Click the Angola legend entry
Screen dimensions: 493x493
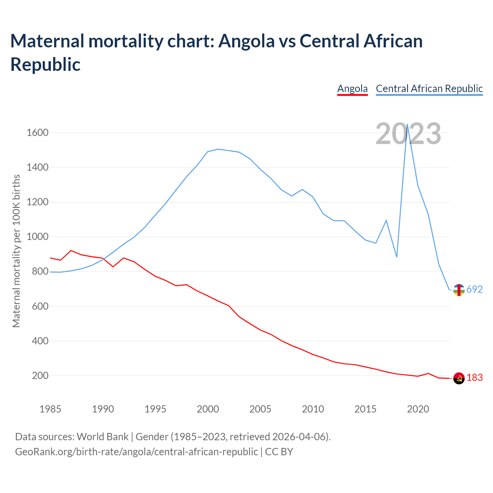click(352, 89)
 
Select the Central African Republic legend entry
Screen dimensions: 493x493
click(429, 89)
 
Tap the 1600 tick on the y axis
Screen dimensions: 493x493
click(37, 133)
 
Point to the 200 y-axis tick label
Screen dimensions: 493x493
click(40, 376)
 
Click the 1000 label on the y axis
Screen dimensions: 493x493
click(37, 237)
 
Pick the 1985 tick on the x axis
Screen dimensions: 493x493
click(50, 409)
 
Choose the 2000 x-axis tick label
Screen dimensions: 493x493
click(208, 409)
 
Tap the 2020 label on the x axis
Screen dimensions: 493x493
click(418, 409)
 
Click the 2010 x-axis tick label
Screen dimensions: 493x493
click(313, 409)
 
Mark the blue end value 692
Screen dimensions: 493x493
click(475, 289)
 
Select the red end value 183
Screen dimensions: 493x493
click(475, 378)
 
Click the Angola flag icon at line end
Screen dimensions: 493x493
click(459, 379)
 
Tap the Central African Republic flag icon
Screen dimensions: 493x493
click(459, 290)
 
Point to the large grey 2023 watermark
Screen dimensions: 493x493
click(408, 134)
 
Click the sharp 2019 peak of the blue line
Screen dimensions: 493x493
click(407, 124)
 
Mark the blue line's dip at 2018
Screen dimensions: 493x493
click(397, 257)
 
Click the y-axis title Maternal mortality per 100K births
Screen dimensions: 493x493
click(16, 251)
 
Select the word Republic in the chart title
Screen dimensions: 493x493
click(45, 64)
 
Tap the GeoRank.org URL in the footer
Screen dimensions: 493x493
click(136, 451)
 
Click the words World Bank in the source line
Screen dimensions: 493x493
click(102, 437)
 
